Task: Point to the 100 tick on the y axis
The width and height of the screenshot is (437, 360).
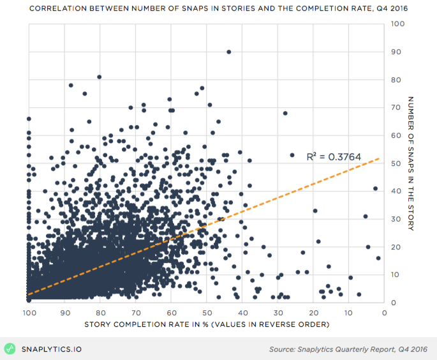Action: click(x=397, y=24)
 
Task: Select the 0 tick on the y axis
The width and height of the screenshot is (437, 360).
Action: click(x=394, y=303)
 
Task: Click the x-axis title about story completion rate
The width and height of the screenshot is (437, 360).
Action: click(x=206, y=326)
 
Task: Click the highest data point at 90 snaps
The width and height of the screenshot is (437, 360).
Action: click(x=228, y=52)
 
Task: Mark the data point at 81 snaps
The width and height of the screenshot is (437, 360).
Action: click(x=99, y=77)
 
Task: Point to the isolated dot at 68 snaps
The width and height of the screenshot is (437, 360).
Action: click(x=285, y=113)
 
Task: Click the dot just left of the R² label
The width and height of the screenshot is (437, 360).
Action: click(x=292, y=155)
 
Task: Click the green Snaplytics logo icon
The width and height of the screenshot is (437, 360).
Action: click(x=10, y=349)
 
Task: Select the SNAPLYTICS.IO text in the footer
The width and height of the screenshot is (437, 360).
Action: click(x=52, y=349)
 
